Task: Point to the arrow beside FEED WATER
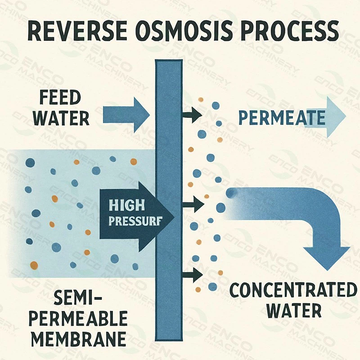pyautogui.click(x=126, y=112)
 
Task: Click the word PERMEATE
pyautogui.click(x=281, y=118)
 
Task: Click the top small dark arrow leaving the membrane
pyautogui.click(x=192, y=116)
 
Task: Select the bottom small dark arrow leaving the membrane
pyautogui.click(x=192, y=273)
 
